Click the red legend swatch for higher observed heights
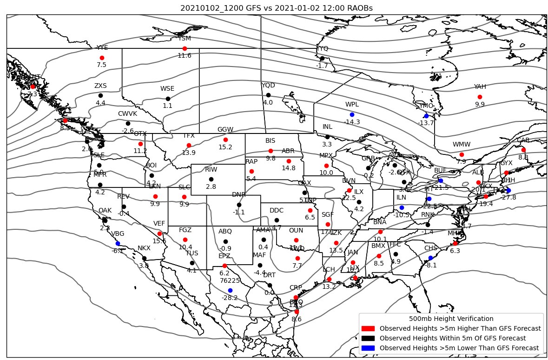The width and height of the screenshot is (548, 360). (368, 328)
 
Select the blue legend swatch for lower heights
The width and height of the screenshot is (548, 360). (368, 348)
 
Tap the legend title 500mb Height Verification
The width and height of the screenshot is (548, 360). (451, 319)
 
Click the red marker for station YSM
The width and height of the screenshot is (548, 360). (185, 48)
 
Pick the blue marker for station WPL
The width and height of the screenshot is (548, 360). (352, 114)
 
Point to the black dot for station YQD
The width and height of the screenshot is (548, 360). (268, 95)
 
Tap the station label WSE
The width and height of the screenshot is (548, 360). (167, 88)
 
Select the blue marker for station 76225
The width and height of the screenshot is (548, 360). (230, 290)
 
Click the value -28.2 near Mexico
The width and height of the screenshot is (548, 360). (230, 298)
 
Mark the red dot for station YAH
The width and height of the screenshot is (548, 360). (480, 97)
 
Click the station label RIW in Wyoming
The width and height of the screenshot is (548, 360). (211, 169)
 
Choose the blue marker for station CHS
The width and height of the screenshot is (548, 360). (430, 258)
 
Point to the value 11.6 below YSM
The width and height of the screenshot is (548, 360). (185, 56)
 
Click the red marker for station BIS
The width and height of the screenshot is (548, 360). (271, 151)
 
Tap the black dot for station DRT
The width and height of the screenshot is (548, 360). (270, 285)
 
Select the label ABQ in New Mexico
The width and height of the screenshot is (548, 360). (225, 231)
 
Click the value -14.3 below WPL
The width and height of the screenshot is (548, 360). (352, 122)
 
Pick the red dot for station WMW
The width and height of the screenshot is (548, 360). (462, 154)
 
